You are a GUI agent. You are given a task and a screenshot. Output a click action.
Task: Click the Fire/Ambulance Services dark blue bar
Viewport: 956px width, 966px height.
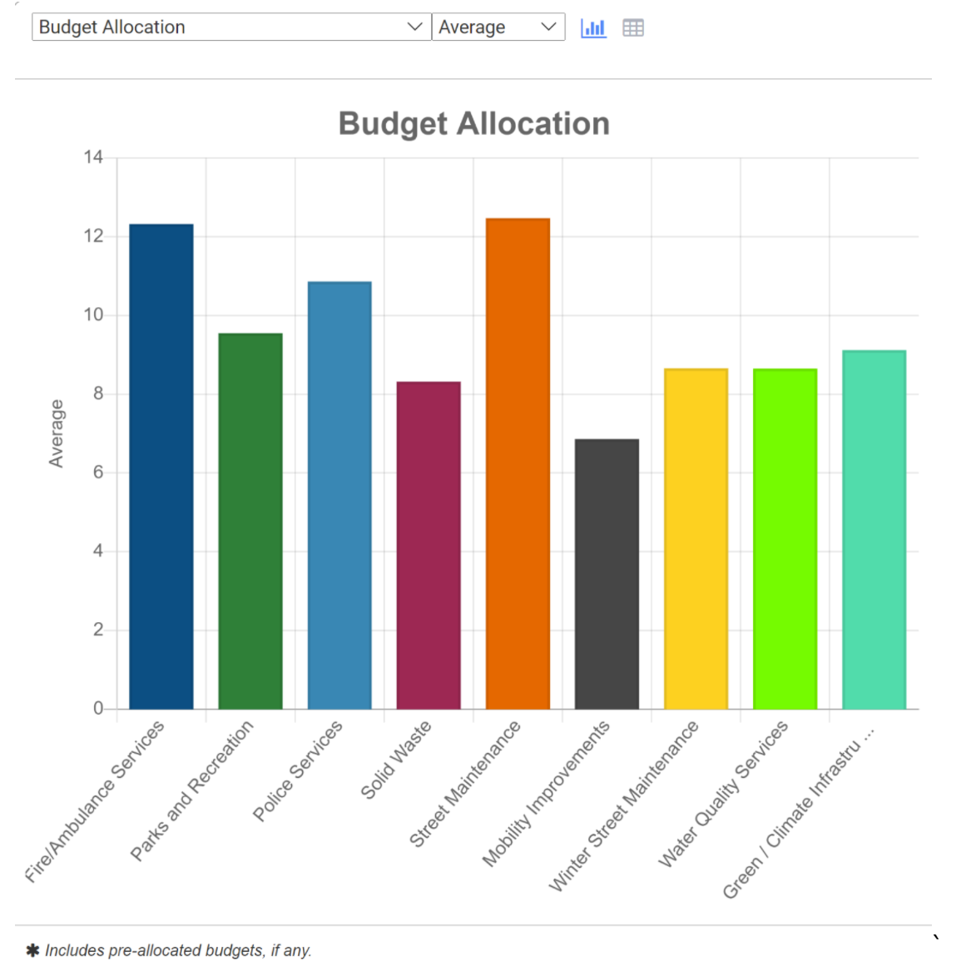tap(161, 466)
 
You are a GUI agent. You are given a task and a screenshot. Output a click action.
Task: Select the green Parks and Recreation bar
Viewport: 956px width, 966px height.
tap(250, 521)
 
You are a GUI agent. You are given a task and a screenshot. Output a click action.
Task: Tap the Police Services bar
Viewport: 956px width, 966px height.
tap(339, 495)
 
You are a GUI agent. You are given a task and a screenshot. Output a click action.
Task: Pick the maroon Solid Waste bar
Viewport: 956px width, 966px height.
tap(428, 545)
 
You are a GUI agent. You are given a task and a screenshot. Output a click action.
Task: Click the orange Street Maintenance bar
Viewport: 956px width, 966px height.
tap(518, 463)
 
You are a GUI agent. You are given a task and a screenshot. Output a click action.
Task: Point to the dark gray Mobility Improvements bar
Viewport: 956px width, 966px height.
tap(607, 574)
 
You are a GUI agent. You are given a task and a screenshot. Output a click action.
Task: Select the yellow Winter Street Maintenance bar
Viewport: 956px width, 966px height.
tap(696, 538)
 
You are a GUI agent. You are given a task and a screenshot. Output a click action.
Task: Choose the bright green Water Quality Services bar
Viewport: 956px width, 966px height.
tap(785, 538)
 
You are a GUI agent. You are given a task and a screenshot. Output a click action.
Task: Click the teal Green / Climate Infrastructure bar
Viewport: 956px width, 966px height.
tap(874, 529)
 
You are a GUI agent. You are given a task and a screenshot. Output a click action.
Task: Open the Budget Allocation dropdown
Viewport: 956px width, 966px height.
tap(231, 27)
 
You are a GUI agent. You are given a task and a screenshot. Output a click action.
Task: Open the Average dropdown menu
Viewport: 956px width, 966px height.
tap(498, 27)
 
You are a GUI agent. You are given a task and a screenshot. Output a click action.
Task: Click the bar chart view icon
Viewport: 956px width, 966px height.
tap(593, 27)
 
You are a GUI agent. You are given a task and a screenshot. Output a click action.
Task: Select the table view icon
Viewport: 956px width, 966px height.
tap(633, 27)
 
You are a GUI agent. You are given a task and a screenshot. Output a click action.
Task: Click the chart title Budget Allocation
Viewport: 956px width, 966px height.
tap(473, 123)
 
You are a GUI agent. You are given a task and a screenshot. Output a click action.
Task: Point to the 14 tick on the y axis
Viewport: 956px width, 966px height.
tap(93, 157)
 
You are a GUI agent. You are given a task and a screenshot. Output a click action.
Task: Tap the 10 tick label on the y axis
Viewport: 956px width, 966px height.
tap(93, 315)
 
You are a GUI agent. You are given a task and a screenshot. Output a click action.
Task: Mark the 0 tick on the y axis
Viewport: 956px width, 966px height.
tap(98, 708)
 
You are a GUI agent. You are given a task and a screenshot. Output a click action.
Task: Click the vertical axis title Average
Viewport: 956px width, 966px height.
tap(56, 433)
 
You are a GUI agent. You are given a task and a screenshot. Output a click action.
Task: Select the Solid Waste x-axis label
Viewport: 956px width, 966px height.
tap(395, 760)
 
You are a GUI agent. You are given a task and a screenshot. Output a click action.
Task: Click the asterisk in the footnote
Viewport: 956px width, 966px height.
tap(32, 950)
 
